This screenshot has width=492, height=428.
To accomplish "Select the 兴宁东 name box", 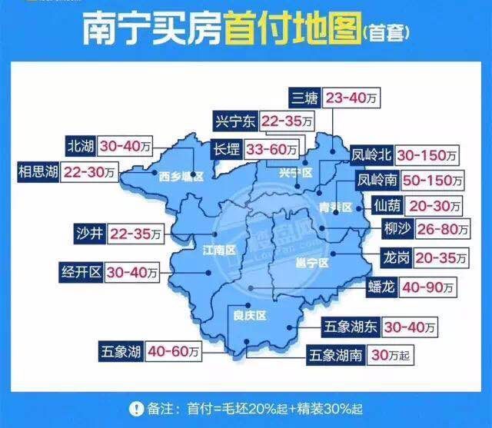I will (236, 121).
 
